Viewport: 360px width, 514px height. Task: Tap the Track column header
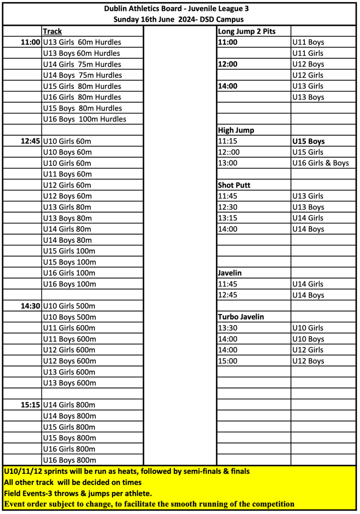(53, 31)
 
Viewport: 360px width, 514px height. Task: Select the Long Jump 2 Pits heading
(247, 31)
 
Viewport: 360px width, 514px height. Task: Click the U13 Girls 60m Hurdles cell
(82, 42)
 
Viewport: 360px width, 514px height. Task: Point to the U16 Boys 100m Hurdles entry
(85, 119)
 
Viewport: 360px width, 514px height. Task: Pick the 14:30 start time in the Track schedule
(30, 306)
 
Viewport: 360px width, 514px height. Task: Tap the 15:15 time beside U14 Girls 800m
(30, 405)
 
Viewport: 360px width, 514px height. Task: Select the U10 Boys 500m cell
(69, 317)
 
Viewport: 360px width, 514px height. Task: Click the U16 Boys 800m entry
(69, 460)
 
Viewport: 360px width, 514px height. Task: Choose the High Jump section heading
(236, 130)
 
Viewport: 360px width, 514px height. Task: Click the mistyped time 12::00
(228, 152)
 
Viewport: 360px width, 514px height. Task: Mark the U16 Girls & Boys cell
(320, 163)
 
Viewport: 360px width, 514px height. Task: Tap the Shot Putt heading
(234, 185)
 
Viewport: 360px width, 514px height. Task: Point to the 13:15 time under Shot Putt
(227, 218)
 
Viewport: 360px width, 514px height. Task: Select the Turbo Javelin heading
(241, 317)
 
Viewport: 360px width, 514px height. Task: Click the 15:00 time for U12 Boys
(227, 361)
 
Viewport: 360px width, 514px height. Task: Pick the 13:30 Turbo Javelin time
(227, 328)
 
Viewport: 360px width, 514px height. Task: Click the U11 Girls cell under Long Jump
(308, 53)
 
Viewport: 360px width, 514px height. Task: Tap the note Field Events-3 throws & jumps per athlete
(78, 493)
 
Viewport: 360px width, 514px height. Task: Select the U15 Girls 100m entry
(69, 251)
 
